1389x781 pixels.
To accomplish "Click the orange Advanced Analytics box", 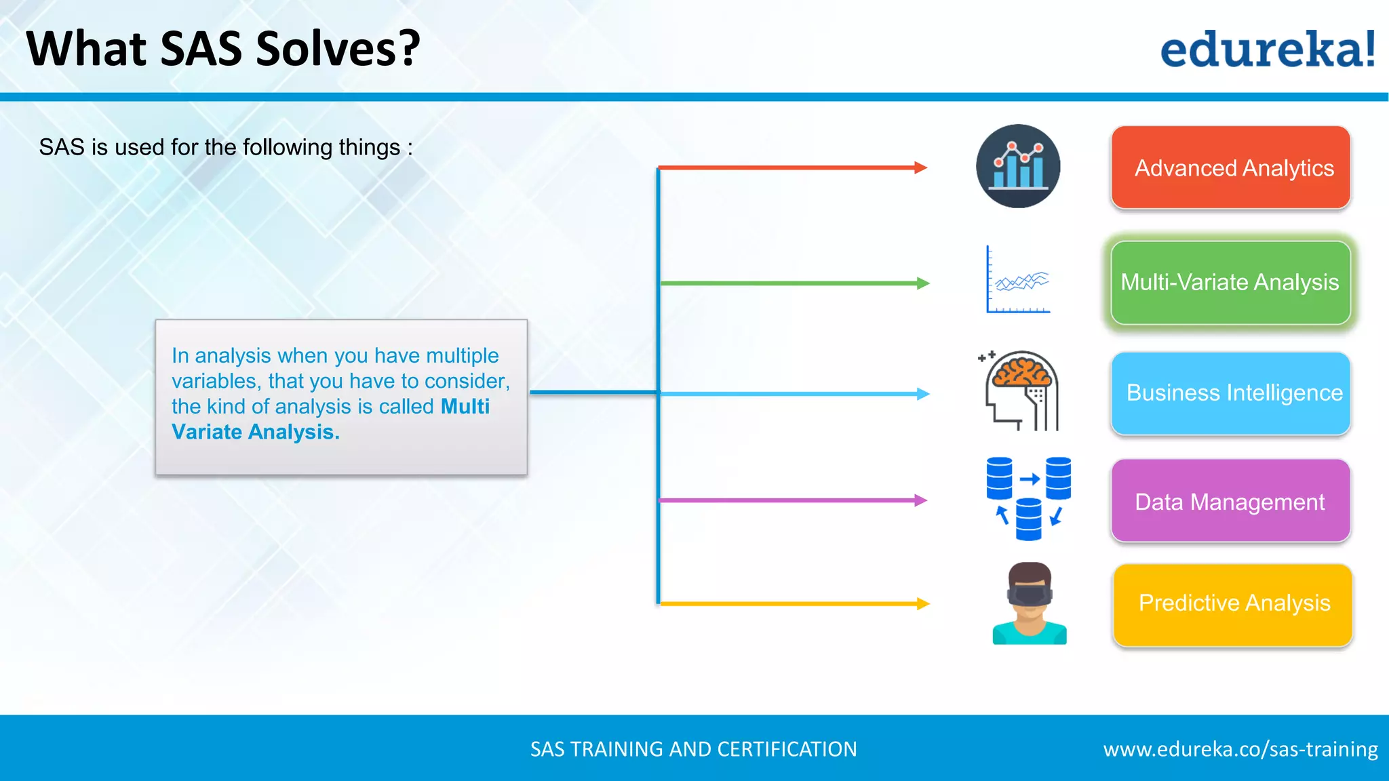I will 1230,167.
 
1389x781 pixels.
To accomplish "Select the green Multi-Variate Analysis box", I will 1230,283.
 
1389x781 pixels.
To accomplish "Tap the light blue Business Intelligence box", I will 1230,393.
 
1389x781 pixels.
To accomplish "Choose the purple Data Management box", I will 1230,501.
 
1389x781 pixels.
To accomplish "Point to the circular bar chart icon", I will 1017,166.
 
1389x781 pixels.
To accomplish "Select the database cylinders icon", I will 1028,498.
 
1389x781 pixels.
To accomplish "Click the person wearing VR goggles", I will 1029,603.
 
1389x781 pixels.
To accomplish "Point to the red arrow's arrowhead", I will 921,167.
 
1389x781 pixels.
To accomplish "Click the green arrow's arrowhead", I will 923,283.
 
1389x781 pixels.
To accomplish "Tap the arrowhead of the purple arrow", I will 921,500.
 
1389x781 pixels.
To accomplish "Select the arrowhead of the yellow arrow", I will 923,603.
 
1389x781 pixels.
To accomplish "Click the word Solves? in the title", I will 338,49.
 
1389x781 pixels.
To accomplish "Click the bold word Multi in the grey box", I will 465,406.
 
